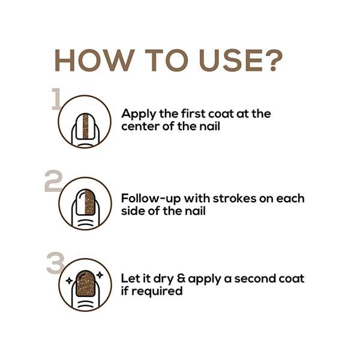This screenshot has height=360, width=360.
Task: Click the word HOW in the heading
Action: tap(94, 60)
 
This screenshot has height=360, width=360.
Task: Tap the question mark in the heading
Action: tap(272, 60)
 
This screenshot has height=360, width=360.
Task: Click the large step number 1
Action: tap(56, 99)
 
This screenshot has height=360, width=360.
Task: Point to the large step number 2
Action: tap(53, 181)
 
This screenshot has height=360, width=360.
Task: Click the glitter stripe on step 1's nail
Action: tap(86, 126)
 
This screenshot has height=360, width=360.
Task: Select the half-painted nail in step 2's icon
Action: tap(85, 202)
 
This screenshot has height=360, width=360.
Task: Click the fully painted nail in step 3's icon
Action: tap(85, 283)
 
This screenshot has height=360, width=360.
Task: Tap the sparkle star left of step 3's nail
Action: tap(70, 280)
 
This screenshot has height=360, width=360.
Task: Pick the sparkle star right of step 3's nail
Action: tap(100, 275)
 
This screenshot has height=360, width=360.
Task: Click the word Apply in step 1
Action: tap(139, 115)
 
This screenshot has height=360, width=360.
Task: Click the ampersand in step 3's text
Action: tap(181, 278)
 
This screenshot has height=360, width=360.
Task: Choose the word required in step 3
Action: tap(157, 292)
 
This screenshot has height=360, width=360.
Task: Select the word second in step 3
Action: tap(252, 278)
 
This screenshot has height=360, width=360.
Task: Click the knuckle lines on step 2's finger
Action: tap(85, 223)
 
